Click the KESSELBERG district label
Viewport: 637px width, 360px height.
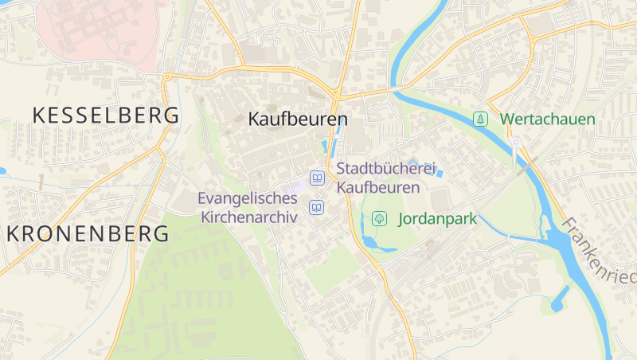coord(105,115)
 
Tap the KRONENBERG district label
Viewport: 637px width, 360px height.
coord(88,234)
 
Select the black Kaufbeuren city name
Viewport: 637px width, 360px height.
coord(299,119)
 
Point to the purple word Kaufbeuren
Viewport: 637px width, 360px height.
coord(377,188)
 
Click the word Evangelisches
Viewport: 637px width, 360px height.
coord(247,198)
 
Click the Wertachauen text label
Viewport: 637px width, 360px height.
coord(547,119)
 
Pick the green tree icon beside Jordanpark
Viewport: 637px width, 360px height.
coord(380,217)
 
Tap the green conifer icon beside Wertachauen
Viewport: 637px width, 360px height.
coord(480,119)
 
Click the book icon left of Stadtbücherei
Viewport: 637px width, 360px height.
coord(317,177)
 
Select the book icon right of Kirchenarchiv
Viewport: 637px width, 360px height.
coord(317,207)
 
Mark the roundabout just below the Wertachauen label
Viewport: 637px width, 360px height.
coord(516,142)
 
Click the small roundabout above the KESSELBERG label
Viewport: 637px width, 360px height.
coord(167,77)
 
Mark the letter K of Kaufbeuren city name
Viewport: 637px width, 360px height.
coord(255,119)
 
